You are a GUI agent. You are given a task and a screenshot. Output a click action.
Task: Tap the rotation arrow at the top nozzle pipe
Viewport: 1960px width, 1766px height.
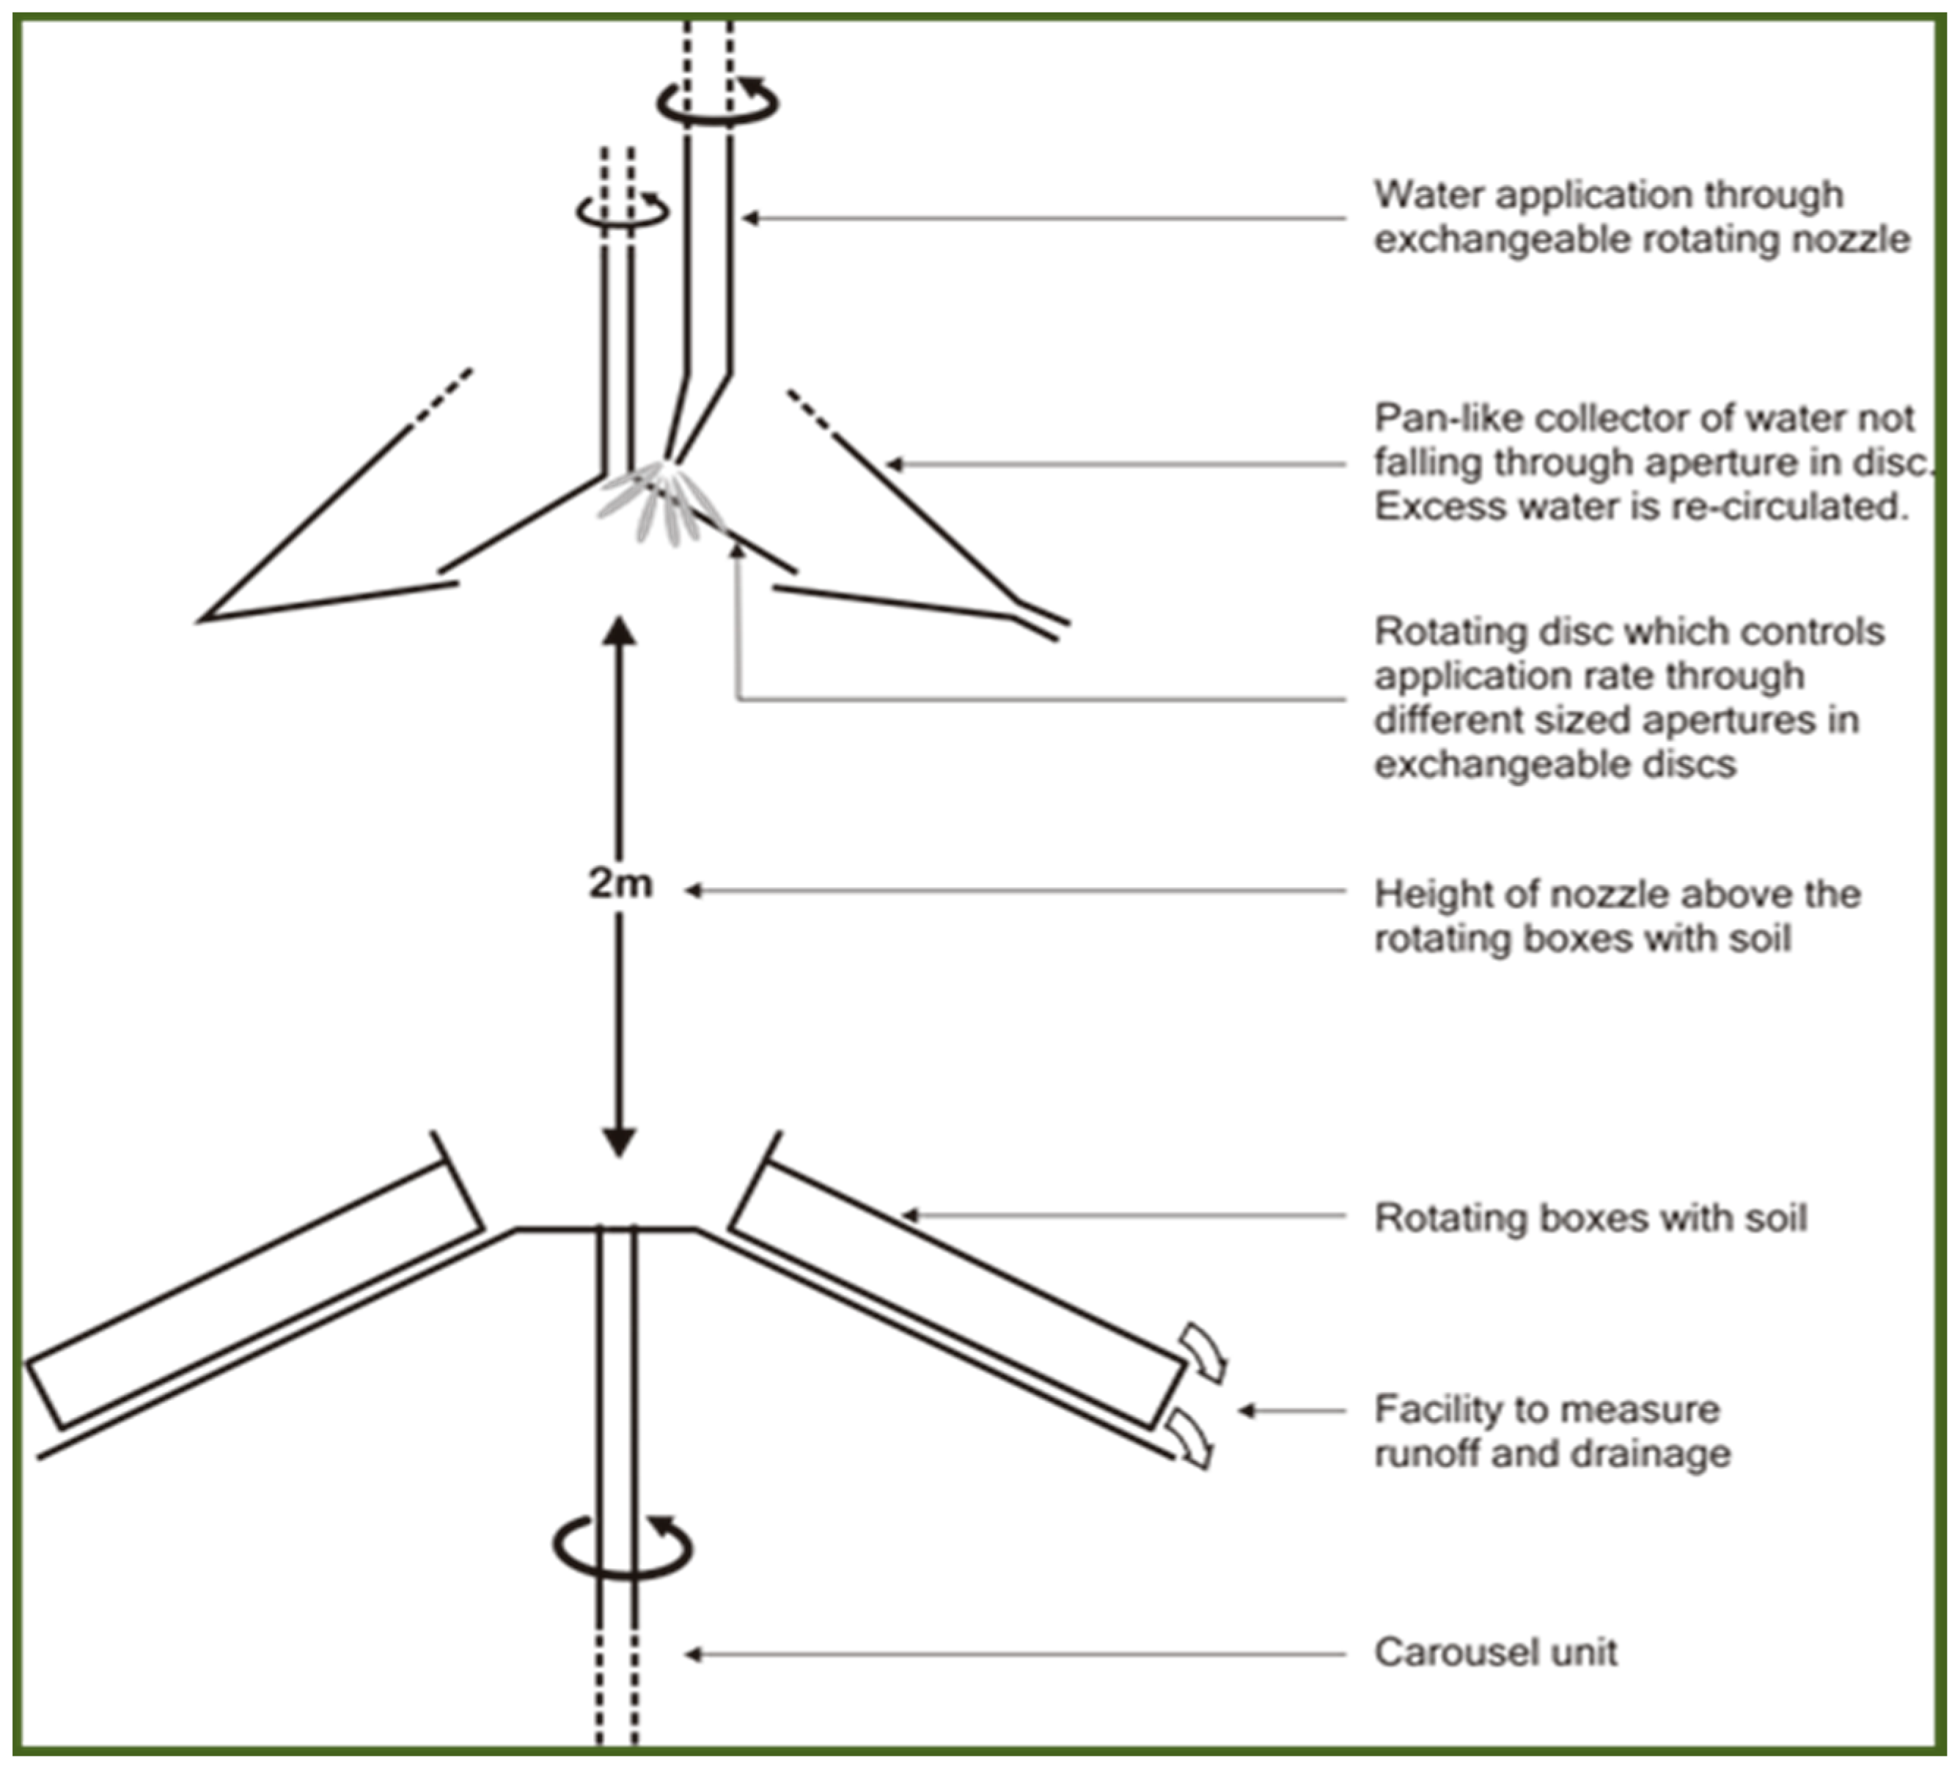click(x=717, y=102)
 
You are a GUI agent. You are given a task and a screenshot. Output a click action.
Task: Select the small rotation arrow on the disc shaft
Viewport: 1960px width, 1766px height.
click(x=622, y=210)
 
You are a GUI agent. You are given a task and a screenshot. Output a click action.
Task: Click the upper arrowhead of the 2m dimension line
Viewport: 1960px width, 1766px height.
click(x=619, y=632)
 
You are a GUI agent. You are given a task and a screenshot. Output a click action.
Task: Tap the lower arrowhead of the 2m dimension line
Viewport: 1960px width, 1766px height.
click(x=619, y=1141)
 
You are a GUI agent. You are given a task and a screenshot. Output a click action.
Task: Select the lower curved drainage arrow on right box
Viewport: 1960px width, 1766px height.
click(x=1191, y=1439)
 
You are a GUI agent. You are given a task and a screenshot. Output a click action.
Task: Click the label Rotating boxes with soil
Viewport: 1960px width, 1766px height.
click(x=1590, y=1218)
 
